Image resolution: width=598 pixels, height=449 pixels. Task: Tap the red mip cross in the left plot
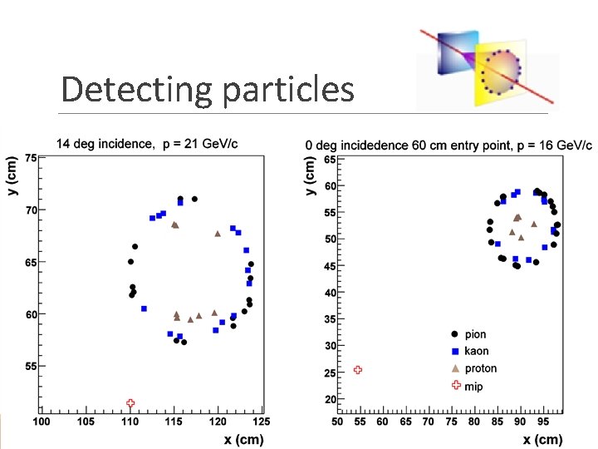click(130, 403)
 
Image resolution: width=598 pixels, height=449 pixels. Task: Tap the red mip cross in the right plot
click(358, 370)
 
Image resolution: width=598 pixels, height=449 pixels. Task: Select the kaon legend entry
click(475, 352)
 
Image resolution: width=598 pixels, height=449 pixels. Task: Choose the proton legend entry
click(479, 368)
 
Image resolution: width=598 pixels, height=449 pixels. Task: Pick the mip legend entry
click(473, 386)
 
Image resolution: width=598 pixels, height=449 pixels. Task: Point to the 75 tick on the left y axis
click(32, 158)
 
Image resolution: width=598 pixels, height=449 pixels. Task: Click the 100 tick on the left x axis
click(41, 422)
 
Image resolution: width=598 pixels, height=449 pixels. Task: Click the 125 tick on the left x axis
click(262, 422)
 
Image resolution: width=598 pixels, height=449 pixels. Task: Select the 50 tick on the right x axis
click(337, 422)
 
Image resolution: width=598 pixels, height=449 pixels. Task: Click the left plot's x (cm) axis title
click(244, 438)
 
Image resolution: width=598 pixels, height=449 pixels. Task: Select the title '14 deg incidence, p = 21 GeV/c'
click(147, 144)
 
